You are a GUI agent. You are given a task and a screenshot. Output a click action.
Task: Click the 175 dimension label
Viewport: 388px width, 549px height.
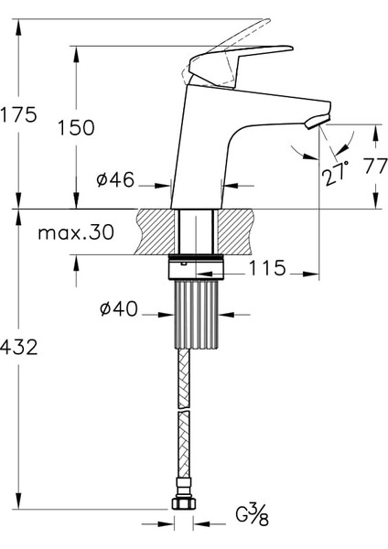click(18, 114)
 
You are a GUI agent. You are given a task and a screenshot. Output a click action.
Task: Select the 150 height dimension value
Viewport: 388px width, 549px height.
click(76, 127)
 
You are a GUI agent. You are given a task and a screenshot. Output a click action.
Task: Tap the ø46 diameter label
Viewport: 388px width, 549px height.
click(115, 180)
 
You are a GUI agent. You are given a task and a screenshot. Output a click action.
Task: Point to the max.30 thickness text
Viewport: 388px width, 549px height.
click(76, 232)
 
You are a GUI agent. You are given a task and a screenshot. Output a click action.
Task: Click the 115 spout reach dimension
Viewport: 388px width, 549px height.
click(267, 268)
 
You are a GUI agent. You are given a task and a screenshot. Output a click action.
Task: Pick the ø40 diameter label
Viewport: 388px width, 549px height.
click(119, 309)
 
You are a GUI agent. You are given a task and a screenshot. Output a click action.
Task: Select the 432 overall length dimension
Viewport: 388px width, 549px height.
click(18, 348)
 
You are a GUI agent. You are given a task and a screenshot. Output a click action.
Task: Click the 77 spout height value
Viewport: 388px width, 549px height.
click(375, 167)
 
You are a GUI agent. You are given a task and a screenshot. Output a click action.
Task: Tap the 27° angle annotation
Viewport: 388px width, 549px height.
click(336, 173)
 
